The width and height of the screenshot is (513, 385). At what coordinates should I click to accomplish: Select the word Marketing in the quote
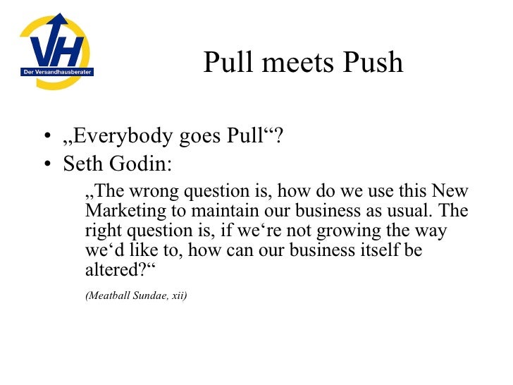120,211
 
